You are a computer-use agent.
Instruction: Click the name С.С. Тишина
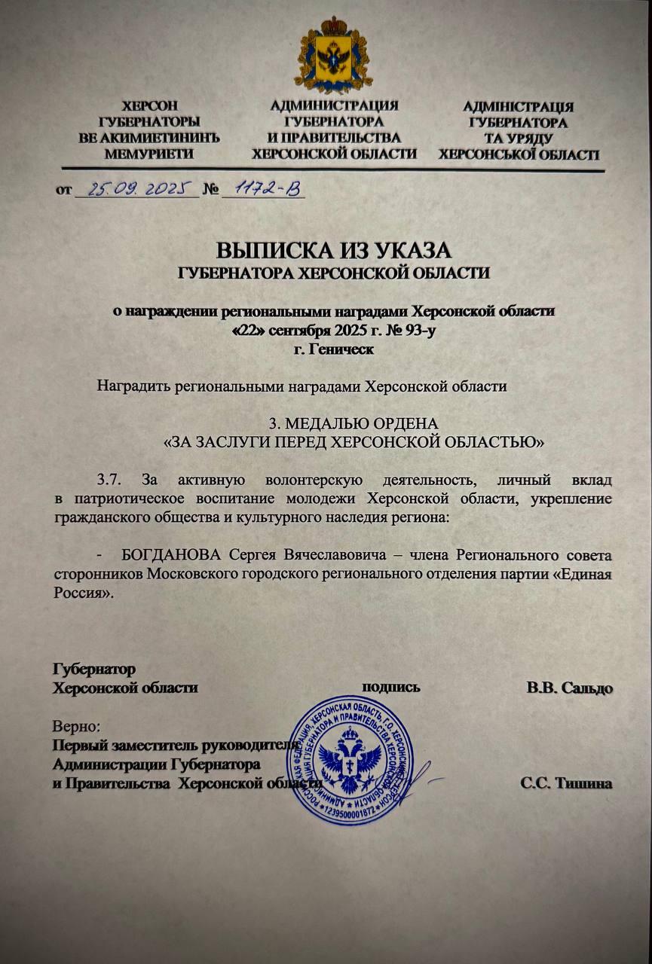coord(565,782)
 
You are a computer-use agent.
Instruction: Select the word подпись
coord(391,687)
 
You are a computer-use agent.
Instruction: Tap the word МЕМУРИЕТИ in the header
coord(150,154)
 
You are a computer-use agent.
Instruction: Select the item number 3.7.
coord(113,480)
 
